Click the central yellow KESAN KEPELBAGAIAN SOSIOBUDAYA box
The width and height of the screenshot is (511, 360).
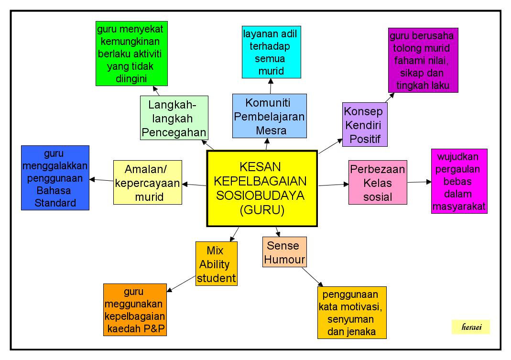(261, 188)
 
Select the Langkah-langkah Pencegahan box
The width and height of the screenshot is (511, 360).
(174, 118)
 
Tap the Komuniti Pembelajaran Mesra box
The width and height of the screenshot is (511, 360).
(270, 116)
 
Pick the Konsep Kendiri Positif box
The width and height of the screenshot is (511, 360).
(365, 124)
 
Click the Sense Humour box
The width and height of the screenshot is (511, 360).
(284, 252)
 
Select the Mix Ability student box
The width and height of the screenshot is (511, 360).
(216, 263)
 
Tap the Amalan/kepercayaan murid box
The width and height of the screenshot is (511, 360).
(148, 183)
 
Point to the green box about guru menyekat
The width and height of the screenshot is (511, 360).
(131, 54)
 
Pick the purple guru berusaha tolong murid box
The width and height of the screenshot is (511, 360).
(423, 60)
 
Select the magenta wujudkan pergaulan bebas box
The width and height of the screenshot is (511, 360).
(459, 181)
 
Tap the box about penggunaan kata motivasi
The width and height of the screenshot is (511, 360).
(351, 313)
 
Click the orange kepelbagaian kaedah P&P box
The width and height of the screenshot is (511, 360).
(135, 310)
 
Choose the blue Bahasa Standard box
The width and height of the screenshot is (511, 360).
(55, 178)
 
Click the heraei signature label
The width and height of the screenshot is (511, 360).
(470, 327)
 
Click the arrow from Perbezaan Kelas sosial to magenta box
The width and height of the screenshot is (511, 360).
(419, 182)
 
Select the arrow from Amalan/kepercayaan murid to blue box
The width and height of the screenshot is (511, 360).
(101, 180)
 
